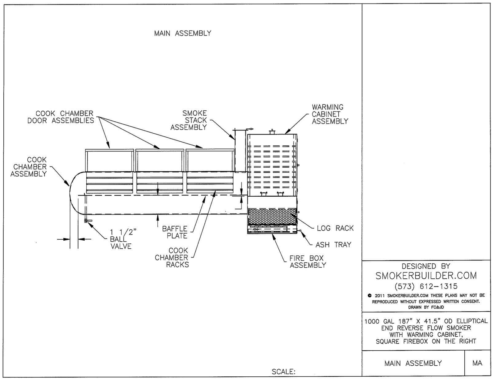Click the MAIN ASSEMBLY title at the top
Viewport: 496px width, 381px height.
[x=183, y=33]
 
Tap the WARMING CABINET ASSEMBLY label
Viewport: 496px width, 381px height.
[x=330, y=114]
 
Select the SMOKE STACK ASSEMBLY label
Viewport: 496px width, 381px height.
[x=189, y=120]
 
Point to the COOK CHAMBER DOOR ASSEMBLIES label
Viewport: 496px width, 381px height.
[x=61, y=117]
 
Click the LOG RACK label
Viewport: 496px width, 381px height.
[x=335, y=228]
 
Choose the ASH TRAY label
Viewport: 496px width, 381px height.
[x=333, y=245]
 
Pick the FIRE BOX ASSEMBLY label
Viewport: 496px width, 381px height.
[x=308, y=262]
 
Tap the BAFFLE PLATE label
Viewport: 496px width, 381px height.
[x=175, y=232]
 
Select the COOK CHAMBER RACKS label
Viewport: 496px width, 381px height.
[x=171, y=257]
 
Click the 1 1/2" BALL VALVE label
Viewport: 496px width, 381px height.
[x=121, y=239]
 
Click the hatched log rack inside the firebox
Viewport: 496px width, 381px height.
[x=272, y=217]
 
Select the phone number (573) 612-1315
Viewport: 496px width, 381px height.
[x=426, y=286]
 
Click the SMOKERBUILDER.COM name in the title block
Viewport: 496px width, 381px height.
[x=426, y=276]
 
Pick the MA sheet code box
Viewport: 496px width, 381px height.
[x=477, y=363]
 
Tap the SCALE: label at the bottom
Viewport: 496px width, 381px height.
[x=283, y=372]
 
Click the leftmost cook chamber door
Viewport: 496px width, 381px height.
[x=109, y=161]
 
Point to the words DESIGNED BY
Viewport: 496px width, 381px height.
[x=426, y=266]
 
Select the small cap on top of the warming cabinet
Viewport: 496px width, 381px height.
[x=272, y=132]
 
